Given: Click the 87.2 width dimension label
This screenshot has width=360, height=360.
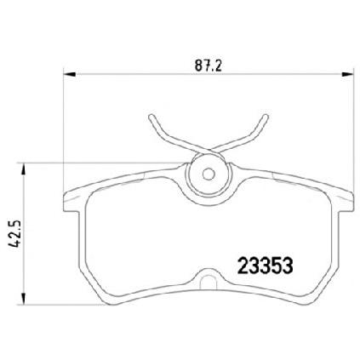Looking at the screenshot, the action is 208,66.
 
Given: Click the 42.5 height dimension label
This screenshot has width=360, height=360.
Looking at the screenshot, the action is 14,234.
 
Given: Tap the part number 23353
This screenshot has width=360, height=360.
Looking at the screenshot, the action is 265,266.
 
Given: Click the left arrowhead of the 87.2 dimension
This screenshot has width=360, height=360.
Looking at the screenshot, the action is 70,74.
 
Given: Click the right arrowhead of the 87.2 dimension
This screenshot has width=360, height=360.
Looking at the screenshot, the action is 348,74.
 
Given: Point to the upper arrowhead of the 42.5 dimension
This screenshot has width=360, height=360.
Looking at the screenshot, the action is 24,169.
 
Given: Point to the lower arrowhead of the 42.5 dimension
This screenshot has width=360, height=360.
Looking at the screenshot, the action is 24,299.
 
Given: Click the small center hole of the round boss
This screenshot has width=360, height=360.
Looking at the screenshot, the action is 209,174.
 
